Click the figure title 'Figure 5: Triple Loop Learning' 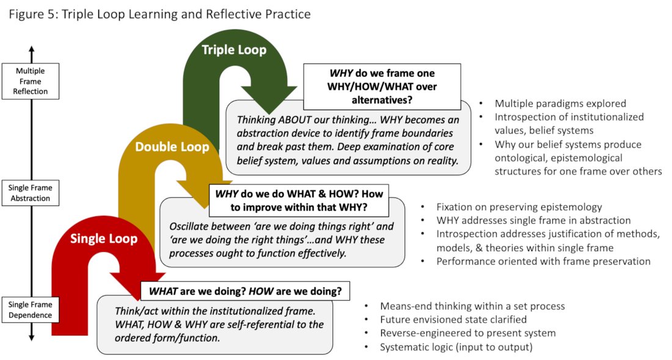159,13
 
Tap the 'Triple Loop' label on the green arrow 234,50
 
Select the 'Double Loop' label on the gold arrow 172,147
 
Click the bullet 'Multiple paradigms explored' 560,103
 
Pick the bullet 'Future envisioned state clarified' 453,319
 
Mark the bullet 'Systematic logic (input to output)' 456,347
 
